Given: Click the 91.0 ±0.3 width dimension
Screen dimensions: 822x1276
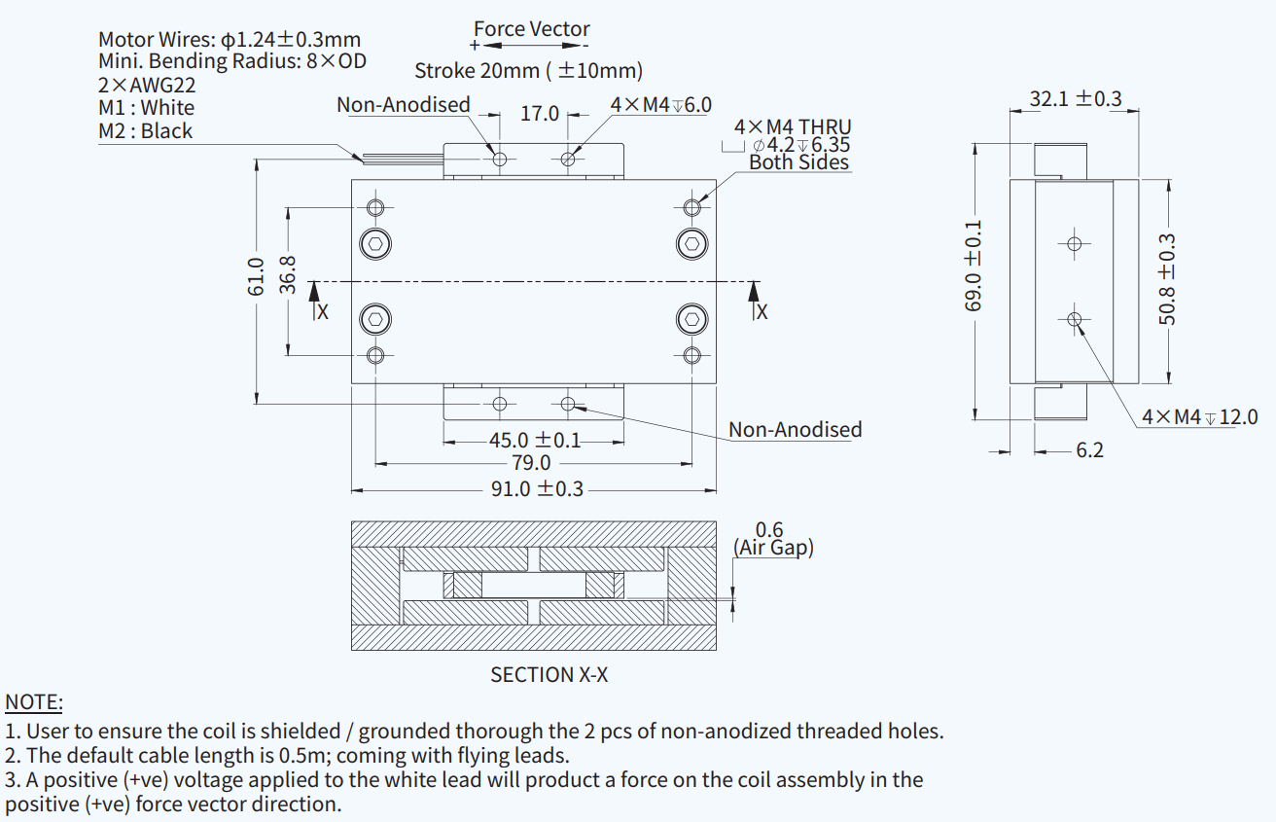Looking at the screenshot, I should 536,488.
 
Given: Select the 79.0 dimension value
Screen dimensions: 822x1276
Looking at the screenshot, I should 531,463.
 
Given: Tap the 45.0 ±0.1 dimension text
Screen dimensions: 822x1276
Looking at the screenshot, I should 534,441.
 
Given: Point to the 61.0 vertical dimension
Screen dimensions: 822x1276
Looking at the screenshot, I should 256,277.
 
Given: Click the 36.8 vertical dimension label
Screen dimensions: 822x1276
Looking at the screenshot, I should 288,275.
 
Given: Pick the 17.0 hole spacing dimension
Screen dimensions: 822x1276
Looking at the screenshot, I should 539,114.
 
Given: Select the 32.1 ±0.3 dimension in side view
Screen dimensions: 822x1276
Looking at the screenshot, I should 1075,99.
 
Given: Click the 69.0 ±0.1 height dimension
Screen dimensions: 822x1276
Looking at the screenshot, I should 974,266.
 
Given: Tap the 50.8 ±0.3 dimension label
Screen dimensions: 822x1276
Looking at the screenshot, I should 1168,279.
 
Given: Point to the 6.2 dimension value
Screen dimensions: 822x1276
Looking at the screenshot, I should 1089,450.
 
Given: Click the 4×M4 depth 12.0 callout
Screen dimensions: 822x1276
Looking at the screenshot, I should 1199,417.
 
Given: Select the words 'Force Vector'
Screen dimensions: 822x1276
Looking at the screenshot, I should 531,29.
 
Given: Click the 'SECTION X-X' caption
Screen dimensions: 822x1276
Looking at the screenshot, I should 549,674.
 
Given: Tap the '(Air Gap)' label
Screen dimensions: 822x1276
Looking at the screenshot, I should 773,548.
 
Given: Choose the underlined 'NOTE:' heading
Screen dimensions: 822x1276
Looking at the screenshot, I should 34,702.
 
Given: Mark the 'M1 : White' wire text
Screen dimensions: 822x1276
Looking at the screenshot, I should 146,108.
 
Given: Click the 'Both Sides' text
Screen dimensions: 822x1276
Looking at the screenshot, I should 798,162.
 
